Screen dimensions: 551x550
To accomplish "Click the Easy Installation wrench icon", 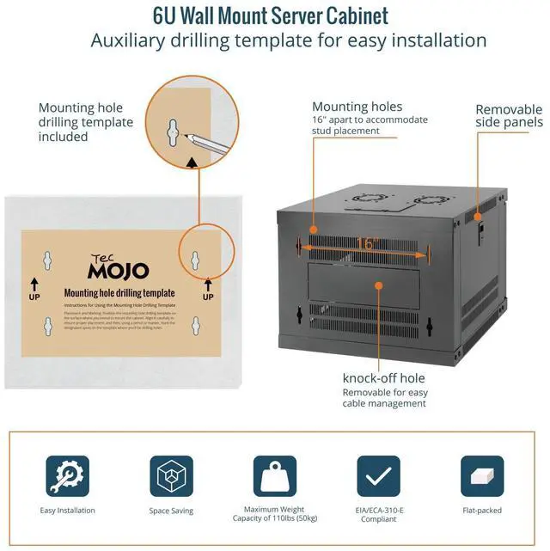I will [67, 475].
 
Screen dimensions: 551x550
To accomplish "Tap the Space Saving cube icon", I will [171, 475].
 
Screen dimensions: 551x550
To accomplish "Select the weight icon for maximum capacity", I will [274, 475].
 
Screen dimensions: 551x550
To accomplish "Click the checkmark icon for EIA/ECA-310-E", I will [378, 475].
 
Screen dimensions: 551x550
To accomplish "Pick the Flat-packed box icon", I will [482, 475].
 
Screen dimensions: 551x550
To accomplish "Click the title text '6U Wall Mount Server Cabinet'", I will [271, 15].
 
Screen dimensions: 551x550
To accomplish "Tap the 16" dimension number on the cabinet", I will [366, 244].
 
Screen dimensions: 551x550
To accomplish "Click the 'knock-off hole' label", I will [383, 377].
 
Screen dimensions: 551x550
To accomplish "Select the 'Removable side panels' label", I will [509, 116].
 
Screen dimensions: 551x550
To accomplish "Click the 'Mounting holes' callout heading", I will [357, 107].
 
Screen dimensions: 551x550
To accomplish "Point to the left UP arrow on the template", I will [35, 286].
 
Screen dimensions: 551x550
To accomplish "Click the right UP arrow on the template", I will [207, 286].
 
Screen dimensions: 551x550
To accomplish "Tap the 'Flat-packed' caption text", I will [482, 511].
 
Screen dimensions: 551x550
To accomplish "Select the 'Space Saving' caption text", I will [171, 511].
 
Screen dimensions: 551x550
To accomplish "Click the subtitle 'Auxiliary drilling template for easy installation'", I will [289, 40].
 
